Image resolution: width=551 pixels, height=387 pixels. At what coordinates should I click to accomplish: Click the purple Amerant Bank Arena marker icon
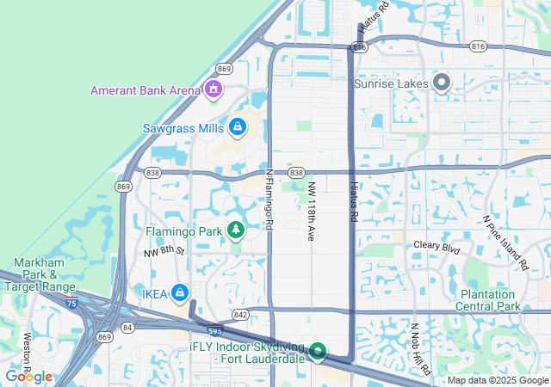click(213, 89)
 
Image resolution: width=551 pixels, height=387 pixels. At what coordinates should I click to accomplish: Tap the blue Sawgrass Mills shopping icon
click(236, 128)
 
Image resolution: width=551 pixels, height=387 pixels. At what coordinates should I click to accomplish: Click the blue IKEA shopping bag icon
click(179, 293)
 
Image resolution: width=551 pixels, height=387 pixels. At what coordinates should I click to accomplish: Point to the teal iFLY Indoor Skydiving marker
click(317, 351)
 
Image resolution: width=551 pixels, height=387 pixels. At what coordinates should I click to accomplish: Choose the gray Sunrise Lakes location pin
click(442, 83)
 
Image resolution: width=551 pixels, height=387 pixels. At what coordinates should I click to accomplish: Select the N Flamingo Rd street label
click(269, 199)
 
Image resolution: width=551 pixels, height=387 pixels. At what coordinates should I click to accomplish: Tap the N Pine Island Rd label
click(505, 243)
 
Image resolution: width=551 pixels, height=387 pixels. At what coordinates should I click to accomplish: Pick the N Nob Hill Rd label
click(421, 349)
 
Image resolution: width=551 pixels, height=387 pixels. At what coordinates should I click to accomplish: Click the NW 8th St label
click(164, 251)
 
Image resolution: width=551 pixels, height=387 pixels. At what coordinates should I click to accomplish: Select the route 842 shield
click(240, 315)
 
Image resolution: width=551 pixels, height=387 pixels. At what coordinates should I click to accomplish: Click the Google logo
click(28, 377)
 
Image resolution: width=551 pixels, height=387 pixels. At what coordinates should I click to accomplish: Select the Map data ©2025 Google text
click(498, 381)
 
